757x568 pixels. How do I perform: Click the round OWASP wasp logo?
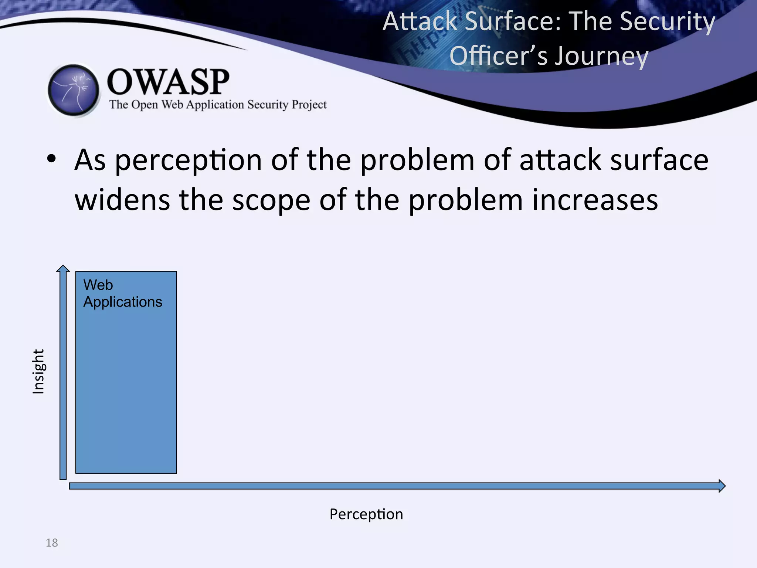pos(74,90)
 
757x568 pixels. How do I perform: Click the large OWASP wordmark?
pos(168,82)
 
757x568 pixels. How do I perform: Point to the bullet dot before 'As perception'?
pos(51,159)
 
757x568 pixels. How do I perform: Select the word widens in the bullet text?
pos(122,200)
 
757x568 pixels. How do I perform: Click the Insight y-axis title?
pos(38,371)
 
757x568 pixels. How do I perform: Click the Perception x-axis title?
pos(366,514)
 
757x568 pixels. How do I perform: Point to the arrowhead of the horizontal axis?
pos(722,486)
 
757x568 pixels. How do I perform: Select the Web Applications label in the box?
pos(122,294)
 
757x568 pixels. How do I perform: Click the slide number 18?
pos(52,543)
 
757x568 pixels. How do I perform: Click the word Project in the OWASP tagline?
pos(309,105)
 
